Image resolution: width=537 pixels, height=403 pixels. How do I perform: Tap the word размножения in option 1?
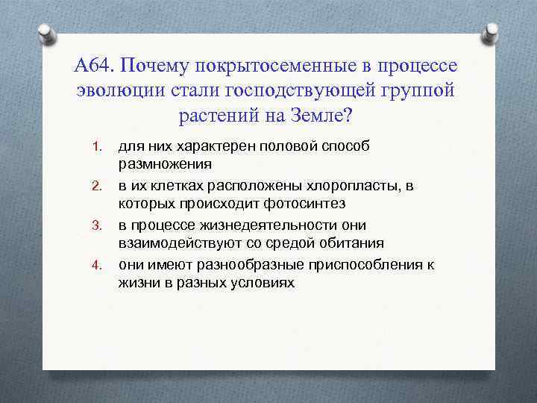coord(164,163)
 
